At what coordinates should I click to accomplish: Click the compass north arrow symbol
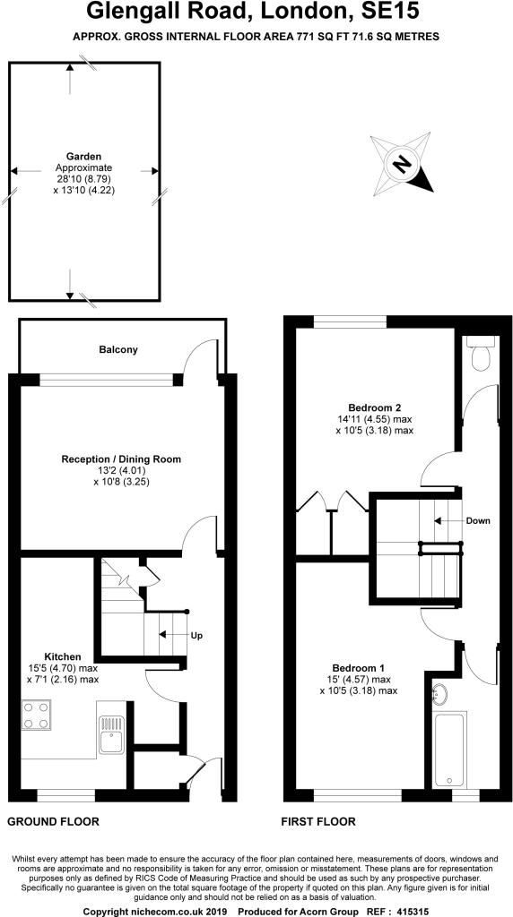(x=403, y=164)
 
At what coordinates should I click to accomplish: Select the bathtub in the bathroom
(x=449, y=750)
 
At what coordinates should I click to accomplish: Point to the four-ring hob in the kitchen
(x=35, y=716)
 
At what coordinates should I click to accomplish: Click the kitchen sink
(x=111, y=736)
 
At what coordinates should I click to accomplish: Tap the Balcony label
(x=118, y=350)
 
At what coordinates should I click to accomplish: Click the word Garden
(x=83, y=156)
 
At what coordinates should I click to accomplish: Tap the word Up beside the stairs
(x=196, y=635)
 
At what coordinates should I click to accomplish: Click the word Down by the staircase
(x=478, y=520)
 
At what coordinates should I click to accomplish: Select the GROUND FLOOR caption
(x=53, y=822)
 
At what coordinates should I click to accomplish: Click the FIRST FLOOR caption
(x=318, y=822)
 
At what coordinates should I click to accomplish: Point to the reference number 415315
(x=413, y=912)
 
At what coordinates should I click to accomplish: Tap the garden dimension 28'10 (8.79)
(x=83, y=178)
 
